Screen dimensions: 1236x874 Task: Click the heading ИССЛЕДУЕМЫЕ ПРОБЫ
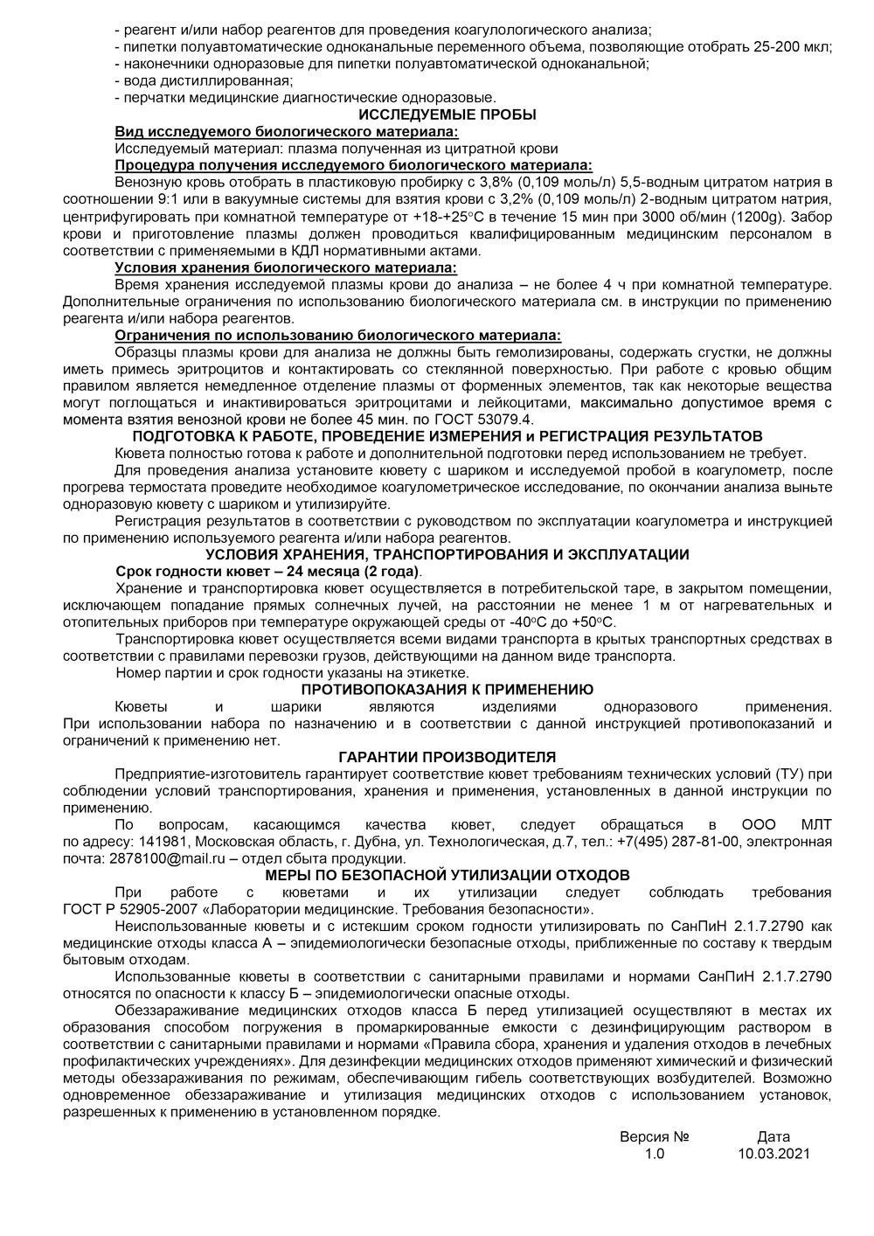click(x=447, y=115)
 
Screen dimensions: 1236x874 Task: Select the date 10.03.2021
click(x=773, y=1153)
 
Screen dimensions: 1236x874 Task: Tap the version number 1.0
click(x=655, y=1153)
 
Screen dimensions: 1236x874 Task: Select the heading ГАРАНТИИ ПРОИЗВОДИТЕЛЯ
click(x=447, y=757)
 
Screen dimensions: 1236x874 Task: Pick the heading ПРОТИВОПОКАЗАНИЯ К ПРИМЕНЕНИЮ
click(x=447, y=690)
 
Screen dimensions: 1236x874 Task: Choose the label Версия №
click(x=655, y=1136)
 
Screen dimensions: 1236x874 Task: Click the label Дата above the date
click(x=773, y=1136)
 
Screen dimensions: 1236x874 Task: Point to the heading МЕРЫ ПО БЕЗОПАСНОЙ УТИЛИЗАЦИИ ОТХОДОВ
click(x=447, y=875)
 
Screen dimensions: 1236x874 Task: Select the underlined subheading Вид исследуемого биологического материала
click(x=286, y=131)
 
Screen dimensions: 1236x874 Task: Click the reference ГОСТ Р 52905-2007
click(x=129, y=908)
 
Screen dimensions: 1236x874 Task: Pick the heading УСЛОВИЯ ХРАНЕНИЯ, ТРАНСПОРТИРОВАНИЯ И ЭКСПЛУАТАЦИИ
click(x=447, y=554)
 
